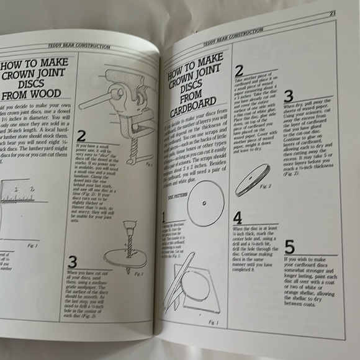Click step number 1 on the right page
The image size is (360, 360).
click(x=164, y=235)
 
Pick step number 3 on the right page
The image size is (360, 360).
click(x=288, y=97)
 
